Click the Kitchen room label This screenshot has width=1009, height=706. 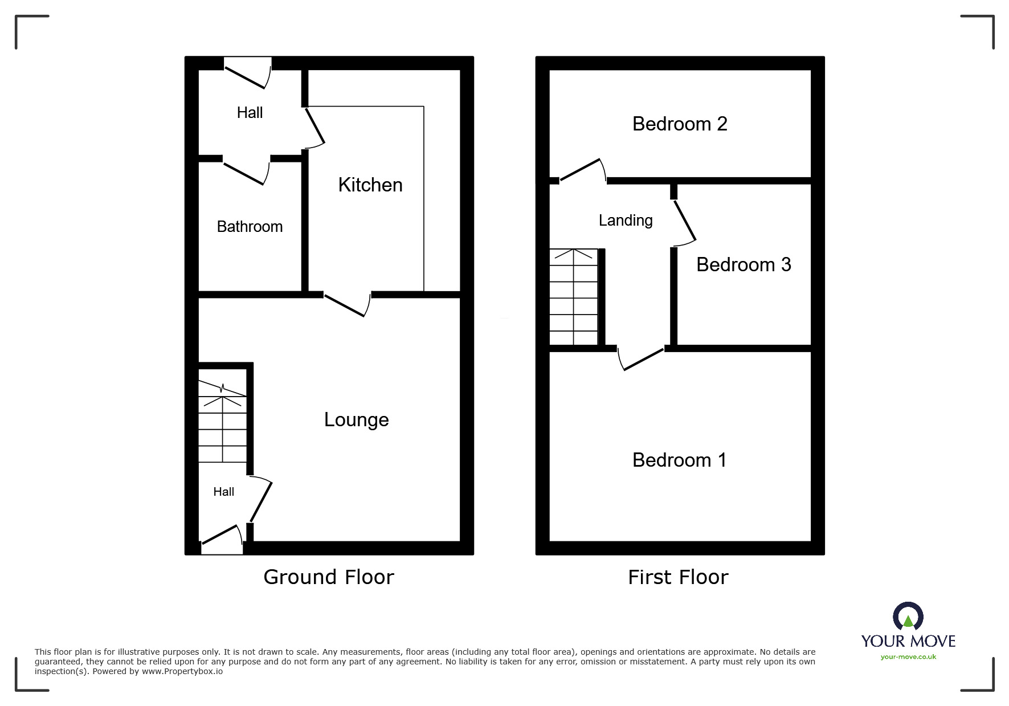pyautogui.click(x=370, y=185)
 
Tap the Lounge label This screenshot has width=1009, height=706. pyautogui.click(x=357, y=420)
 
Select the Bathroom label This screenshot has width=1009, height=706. pyautogui.click(x=250, y=227)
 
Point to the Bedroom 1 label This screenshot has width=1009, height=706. pyautogui.click(x=679, y=460)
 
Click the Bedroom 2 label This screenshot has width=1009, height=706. pyautogui.click(x=680, y=124)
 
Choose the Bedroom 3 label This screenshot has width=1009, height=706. pyautogui.click(x=744, y=265)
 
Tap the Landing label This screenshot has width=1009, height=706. pyautogui.click(x=626, y=221)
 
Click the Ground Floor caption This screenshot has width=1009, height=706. pyautogui.click(x=329, y=577)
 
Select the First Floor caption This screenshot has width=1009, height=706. pyautogui.click(x=678, y=577)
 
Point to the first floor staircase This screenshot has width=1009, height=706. pyautogui.click(x=574, y=297)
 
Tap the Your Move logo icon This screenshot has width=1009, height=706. pyautogui.click(x=908, y=618)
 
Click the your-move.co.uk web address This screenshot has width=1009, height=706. pyautogui.click(x=908, y=657)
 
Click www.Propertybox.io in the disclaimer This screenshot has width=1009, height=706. pyautogui.click(x=182, y=671)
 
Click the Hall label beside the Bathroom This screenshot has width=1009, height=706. pyautogui.click(x=250, y=113)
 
